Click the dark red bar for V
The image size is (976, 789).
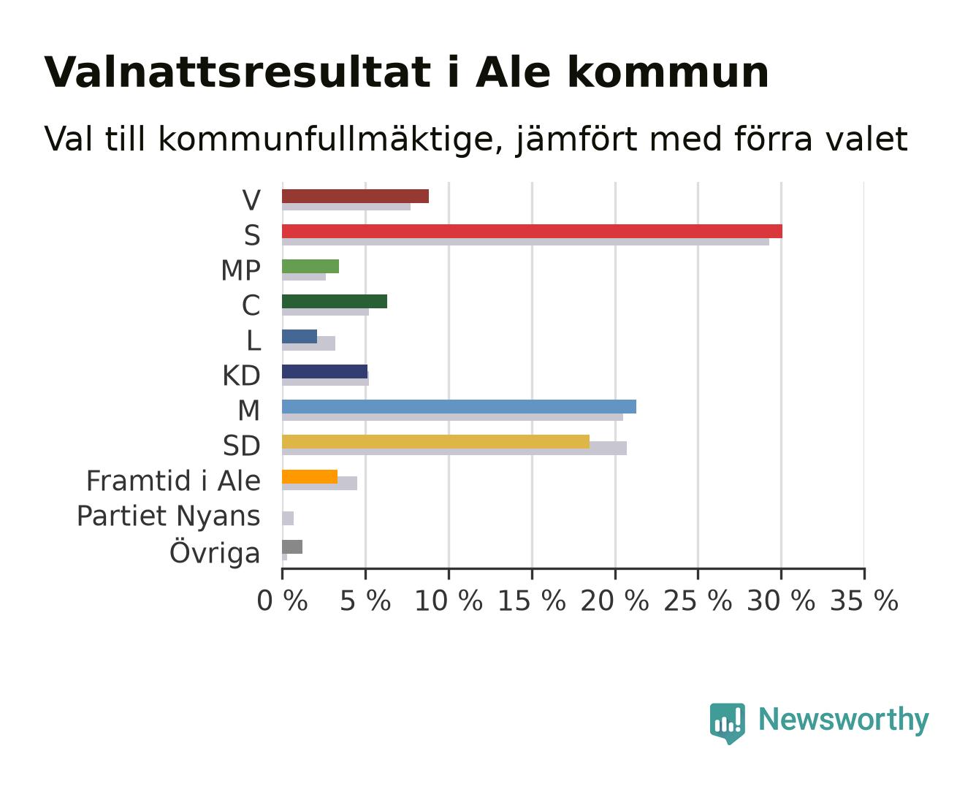point(355,196)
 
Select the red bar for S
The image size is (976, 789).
point(532,232)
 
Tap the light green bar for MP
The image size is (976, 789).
point(310,266)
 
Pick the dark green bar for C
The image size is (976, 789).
point(335,302)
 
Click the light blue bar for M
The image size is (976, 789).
point(459,406)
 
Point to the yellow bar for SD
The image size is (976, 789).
point(435,442)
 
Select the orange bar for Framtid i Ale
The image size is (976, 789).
point(310,476)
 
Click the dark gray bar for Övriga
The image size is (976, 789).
point(292,546)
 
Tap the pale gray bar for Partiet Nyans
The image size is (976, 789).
point(288,518)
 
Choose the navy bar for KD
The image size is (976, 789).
point(324,372)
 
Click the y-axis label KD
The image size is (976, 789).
point(241,376)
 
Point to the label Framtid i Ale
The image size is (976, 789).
point(173,481)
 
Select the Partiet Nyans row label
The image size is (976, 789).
point(168,516)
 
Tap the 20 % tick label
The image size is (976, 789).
point(614,601)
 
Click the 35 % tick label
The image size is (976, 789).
point(864,601)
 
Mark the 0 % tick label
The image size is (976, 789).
point(282,601)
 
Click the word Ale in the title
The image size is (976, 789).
point(513,72)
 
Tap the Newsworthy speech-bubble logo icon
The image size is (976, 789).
point(727,723)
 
